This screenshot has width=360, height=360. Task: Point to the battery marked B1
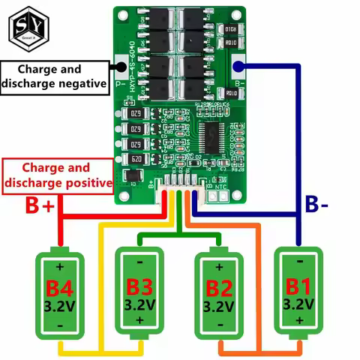298,294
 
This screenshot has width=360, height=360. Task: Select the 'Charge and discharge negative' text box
54,76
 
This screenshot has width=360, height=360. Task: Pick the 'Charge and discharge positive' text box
57,175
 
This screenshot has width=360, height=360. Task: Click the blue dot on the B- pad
239,66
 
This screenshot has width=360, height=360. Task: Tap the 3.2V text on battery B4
60,305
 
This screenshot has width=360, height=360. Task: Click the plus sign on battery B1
298,321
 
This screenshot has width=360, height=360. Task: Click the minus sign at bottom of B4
60,326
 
